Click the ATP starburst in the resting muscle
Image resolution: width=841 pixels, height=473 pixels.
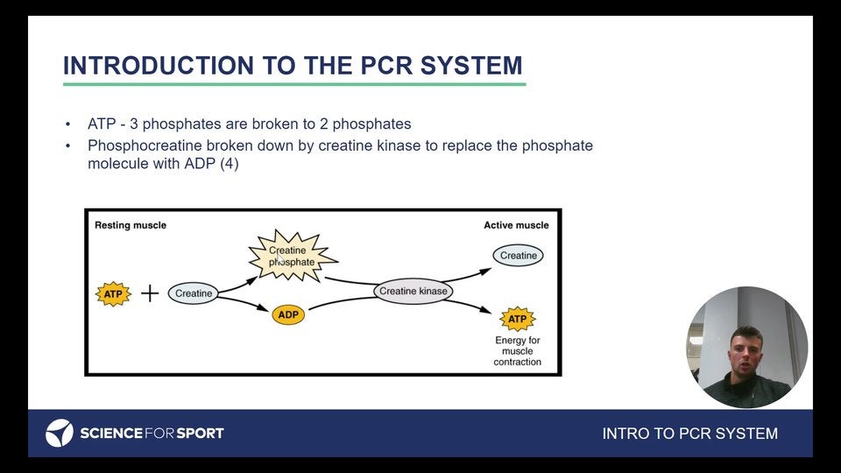pos(113,294)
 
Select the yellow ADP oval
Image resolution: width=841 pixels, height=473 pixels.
pos(288,314)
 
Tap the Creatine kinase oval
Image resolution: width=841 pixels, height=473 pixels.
pos(413,291)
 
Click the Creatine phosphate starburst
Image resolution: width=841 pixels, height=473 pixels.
pos(293,257)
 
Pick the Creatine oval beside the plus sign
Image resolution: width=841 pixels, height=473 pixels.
pos(193,293)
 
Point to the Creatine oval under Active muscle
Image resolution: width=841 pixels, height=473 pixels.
pos(518,255)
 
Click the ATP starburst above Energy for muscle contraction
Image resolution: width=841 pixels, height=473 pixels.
pos(518,319)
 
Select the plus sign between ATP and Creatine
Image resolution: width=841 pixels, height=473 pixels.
pos(150,293)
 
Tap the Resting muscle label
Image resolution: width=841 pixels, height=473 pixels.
pos(131,225)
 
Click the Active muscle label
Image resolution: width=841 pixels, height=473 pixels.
pos(516,225)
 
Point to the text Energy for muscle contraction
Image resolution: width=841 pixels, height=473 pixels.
pos(518,351)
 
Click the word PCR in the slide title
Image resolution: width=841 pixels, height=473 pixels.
pos(386,66)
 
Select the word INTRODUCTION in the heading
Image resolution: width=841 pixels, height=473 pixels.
pos(159,66)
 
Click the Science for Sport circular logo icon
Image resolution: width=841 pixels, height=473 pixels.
pos(59,433)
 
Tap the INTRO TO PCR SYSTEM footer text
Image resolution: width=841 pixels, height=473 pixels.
pos(689,434)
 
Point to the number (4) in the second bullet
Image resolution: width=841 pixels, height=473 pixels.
pos(229,164)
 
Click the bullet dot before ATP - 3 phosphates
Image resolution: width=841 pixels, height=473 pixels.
pos(67,124)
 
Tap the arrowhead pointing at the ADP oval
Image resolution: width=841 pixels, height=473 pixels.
pos(263,307)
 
